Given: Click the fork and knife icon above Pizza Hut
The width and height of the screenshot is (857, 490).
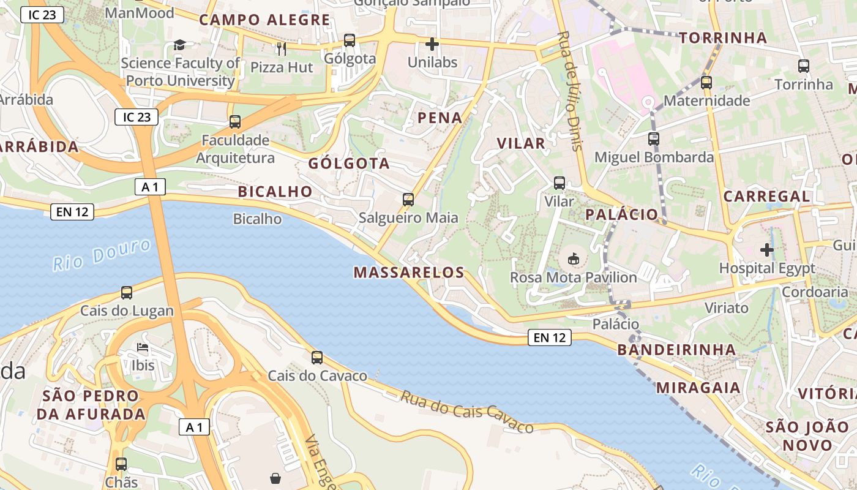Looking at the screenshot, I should [282, 48].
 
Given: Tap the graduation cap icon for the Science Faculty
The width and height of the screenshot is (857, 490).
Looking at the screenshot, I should [179, 45].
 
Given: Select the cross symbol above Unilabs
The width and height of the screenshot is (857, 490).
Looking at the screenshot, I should [432, 44].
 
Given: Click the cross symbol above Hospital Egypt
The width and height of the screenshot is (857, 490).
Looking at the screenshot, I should [766, 250].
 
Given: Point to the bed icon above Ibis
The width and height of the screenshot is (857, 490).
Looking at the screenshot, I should [142, 348].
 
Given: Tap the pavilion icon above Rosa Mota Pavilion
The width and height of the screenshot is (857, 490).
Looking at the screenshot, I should [574, 259].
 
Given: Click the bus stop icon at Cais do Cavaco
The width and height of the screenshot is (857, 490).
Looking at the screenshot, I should [317, 358].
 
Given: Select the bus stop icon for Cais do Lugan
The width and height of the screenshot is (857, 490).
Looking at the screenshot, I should [127, 293].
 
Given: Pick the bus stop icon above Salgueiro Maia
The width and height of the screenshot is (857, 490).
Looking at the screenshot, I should [408, 200].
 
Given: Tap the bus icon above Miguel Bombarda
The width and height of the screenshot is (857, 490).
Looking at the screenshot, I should [654, 139].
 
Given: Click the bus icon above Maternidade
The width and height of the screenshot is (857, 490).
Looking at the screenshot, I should [706, 83].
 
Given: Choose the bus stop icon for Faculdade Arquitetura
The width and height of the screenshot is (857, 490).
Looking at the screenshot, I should [235, 122].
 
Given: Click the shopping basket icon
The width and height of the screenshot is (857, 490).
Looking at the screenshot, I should [275, 478].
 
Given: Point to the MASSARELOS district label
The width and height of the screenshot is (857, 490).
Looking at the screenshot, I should [409, 273].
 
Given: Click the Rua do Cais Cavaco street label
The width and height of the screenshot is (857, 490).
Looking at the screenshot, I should [467, 412].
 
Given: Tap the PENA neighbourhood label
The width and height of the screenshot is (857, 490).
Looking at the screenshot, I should [440, 118].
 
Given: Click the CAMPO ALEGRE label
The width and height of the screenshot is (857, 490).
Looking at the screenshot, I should [264, 20].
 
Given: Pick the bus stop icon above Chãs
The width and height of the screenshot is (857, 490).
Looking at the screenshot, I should [121, 464].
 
